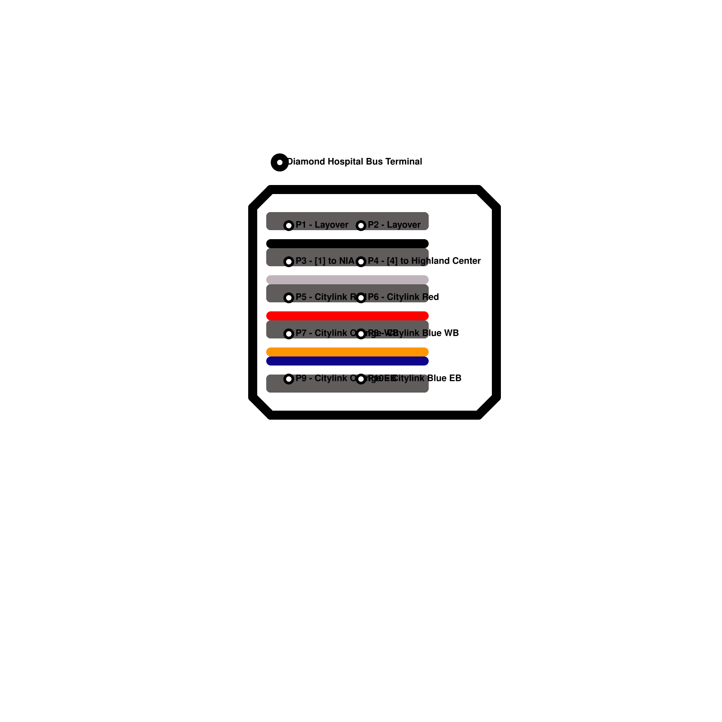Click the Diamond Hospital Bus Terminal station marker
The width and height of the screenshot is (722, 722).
tap(280, 162)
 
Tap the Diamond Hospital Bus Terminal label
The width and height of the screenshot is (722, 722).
tap(355, 162)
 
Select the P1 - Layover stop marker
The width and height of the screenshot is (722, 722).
tap(289, 225)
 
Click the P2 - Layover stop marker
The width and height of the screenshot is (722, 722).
tap(361, 225)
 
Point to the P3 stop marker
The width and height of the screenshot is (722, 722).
tap(289, 261)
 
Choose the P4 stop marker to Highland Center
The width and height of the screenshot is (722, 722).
tap(361, 261)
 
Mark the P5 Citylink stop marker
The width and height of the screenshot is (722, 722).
tap(289, 297)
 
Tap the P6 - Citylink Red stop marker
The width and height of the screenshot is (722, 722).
tap(361, 297)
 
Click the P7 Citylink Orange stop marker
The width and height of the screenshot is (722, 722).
tap(289, 333)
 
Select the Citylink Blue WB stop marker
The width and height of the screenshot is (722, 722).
tap(361, 333)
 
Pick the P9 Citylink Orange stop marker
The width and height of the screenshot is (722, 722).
tap(289, 379)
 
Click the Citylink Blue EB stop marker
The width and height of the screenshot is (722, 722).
tap(361, 379)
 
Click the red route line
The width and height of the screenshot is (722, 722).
tap(347, 316)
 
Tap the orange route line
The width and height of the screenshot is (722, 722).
tap(347, 352)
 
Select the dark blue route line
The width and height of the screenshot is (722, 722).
tap(347, 361)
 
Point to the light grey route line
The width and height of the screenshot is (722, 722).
tap(347, 280)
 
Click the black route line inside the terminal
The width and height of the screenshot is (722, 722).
tap(347, 244)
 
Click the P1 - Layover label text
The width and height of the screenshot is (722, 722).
tap(322, 225)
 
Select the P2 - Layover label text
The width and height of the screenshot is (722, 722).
tap(394, 225)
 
